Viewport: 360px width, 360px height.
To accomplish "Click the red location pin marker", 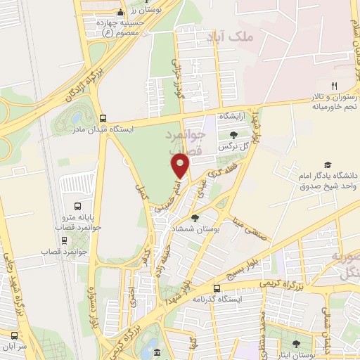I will tap(181, 165).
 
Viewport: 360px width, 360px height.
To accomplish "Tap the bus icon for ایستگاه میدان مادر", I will tap(103, 118).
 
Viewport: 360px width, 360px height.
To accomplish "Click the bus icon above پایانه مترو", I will tap(77, 207).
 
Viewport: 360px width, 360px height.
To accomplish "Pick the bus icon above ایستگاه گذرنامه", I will tap(217, 288).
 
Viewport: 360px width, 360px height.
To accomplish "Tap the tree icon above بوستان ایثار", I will tap(296, 344).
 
